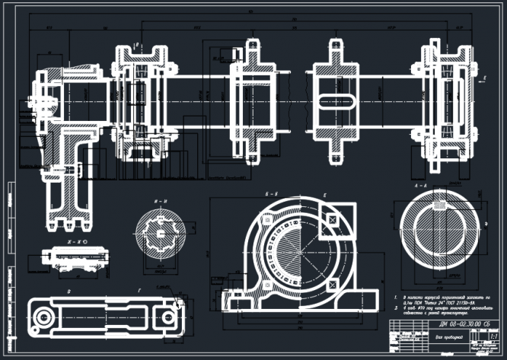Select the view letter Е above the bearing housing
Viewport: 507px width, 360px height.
click(x=324, y=195)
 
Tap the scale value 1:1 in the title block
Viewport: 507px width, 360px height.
click(x=493, y=336)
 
